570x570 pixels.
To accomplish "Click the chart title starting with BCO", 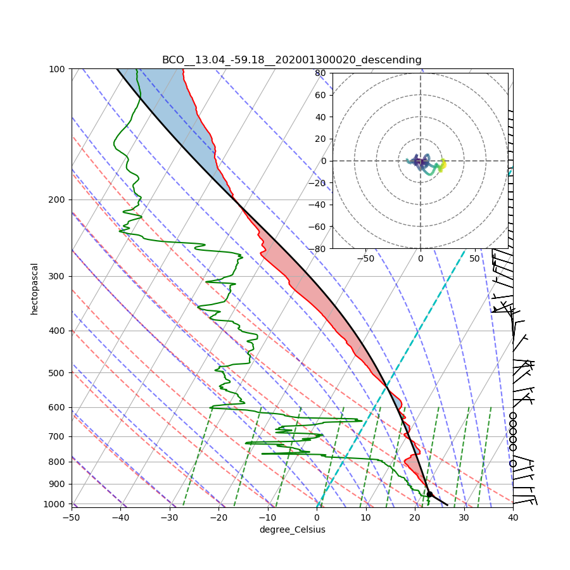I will [291, 60].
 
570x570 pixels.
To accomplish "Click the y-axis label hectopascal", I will [34, 289].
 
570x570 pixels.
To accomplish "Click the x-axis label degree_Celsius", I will [292, 529].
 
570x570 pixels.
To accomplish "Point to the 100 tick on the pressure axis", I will [58, 68].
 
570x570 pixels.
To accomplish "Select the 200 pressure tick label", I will [58, 199].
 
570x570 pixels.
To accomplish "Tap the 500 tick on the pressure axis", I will [58, 372].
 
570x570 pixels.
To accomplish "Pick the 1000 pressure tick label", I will [56, 503].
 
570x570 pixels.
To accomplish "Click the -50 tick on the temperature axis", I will [72, 517].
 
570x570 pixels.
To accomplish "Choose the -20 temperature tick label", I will [218, 517].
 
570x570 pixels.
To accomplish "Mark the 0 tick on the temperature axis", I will [317, 517].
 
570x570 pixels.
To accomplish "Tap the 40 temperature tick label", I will [513, 517].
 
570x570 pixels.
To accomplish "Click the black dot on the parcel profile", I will [429, 494].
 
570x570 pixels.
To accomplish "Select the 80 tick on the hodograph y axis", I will [320, 73].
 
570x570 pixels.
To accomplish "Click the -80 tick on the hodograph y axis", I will [318, 249].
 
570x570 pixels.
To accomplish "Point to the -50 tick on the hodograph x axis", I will [365, 258].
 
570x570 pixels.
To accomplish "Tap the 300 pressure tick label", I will [58, 276].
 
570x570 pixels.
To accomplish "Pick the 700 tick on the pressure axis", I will [58, 436].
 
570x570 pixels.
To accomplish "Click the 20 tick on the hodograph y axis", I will [320, 139].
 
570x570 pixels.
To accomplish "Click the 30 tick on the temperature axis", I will [464, 517].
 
